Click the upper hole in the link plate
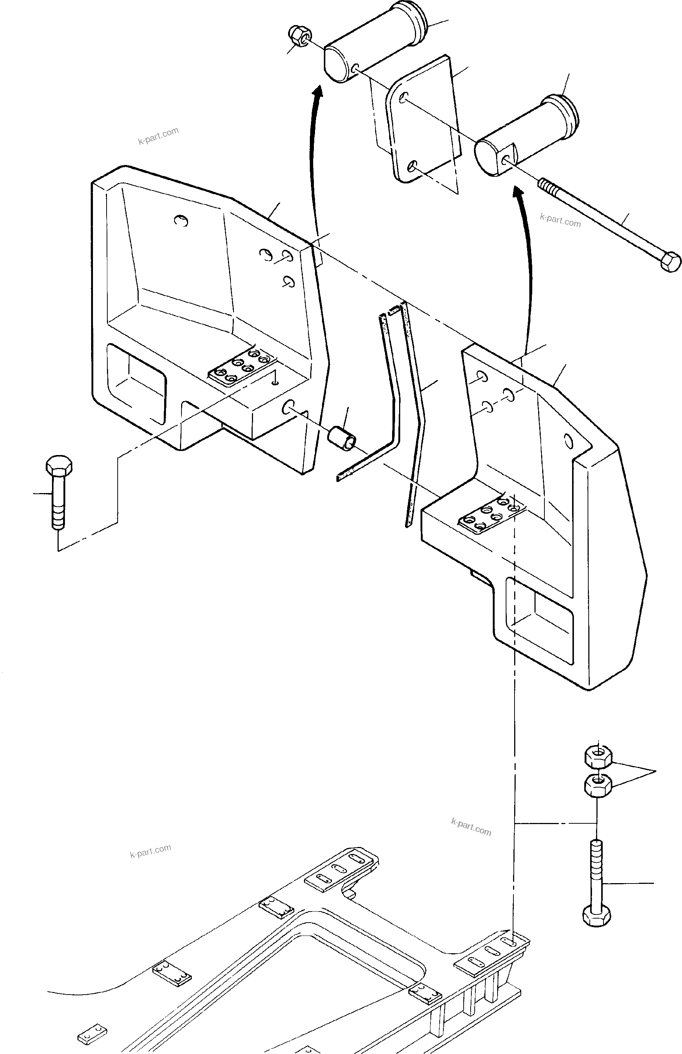pyautogui.click(x=404, y=98)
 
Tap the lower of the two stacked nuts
pyautogui.click(x=598, y=786)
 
